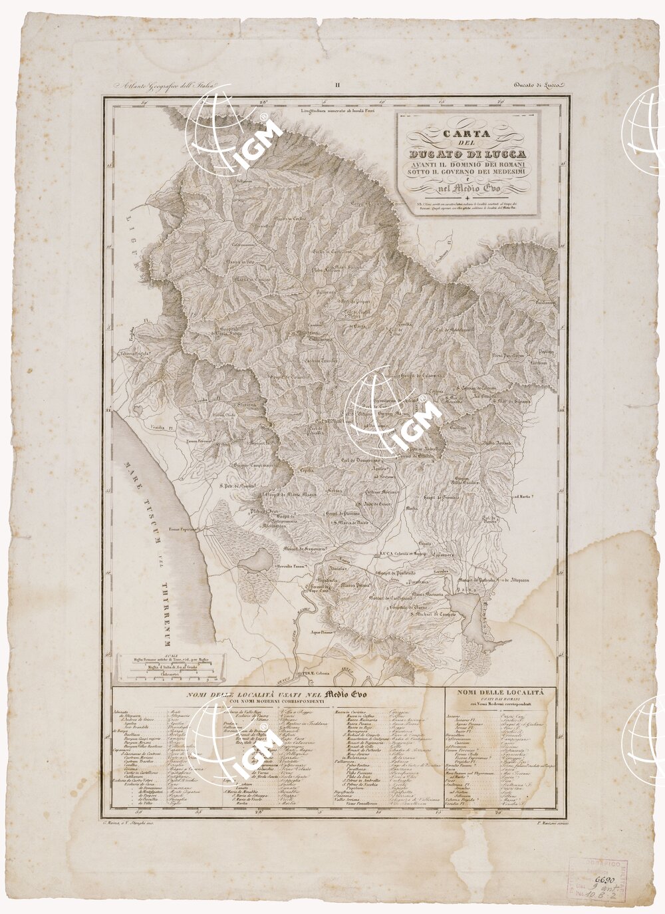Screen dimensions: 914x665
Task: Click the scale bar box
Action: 170,667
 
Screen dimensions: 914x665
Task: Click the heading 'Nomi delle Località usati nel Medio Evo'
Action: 275,695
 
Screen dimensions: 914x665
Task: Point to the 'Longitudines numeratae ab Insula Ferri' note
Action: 337,110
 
